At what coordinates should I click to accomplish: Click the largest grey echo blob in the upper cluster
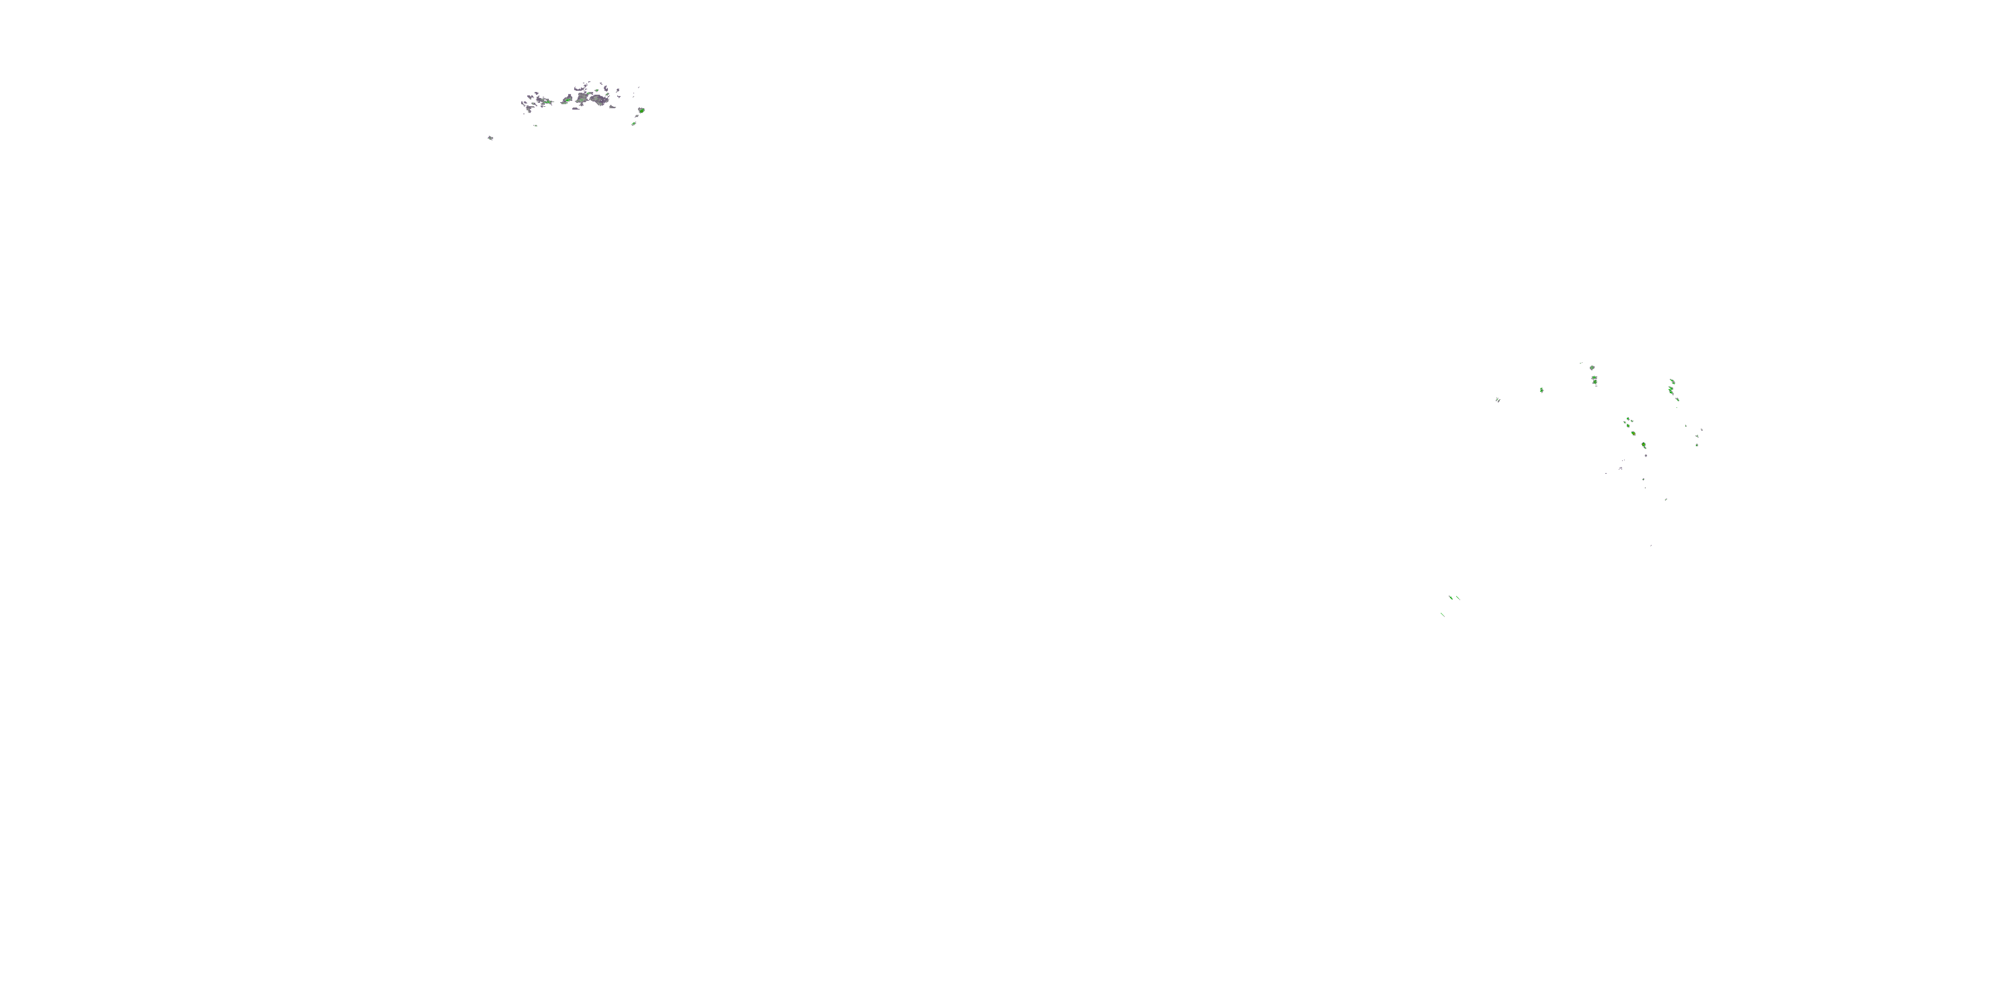tap(599, 100)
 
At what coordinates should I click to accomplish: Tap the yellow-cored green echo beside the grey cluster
tap(641, 111)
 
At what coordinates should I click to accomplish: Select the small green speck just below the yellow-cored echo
tap(633, 124)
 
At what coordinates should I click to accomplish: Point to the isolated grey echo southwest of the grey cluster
tap(490, 138)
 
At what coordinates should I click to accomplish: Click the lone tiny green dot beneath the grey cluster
tap(537, 126)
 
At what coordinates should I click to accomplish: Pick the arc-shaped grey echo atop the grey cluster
tap(579, 90)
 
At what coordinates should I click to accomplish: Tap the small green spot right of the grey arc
tap(597, 91)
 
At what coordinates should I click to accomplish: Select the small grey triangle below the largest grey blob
tap(613, 108)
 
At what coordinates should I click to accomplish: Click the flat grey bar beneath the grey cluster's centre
tap(576, 109)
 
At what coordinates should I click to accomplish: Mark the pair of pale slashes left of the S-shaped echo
tap(1498, 400)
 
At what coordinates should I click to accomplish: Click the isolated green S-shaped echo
tap(1541, 390)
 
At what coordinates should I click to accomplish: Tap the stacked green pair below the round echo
tap(1595, 380)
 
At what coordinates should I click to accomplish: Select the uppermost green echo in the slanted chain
tap(1672, 382)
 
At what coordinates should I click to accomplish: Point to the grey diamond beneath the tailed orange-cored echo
tap(1646, 456)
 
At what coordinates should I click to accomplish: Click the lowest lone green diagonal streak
tap(1443, 615)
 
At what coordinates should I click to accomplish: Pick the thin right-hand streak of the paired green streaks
tap(1458, 599)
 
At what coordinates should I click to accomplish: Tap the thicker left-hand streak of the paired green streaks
tap(1451, 598)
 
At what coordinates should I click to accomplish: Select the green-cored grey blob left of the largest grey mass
tap(567, 100)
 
